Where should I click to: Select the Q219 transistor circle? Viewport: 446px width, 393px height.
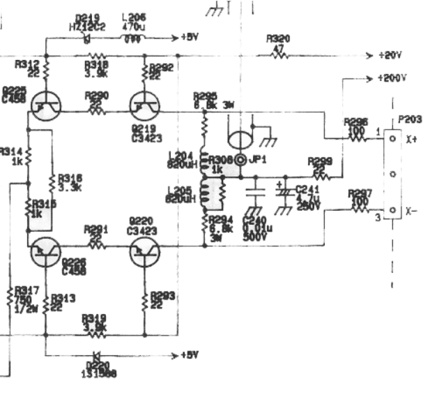point(144,106)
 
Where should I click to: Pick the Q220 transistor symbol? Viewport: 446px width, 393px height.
point(144,251)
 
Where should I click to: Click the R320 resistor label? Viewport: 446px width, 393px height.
point(279,40)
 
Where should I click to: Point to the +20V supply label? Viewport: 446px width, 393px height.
point(391,55)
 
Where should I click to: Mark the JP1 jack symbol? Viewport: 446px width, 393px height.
point(241,160)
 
